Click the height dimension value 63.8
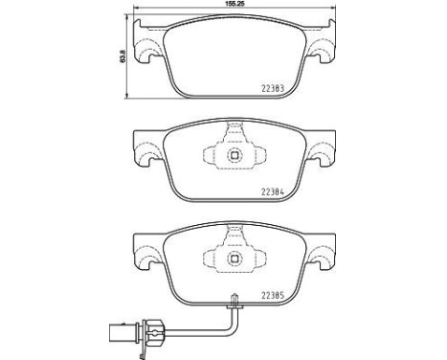tap(123, 56)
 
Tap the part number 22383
tap(273, 89)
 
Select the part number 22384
tap(273, 192)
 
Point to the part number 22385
tap(273, 296)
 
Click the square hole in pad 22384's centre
tap(235, 156)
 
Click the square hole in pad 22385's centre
tap(235, 259)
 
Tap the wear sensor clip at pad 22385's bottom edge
tap(235, 302)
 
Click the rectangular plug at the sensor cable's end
tap(123, 333)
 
